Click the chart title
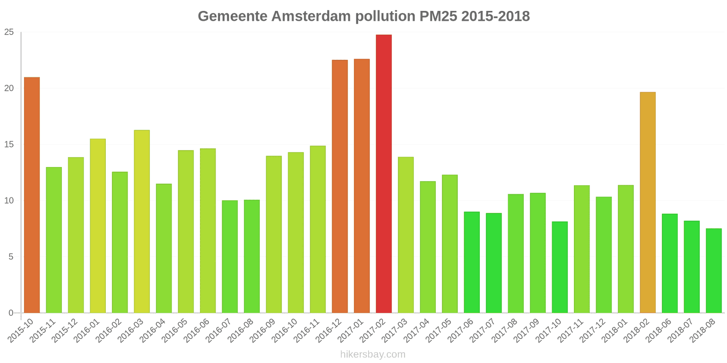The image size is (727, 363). coord(363,16)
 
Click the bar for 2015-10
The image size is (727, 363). coord(32,195)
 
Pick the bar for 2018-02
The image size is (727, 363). coord(647,202)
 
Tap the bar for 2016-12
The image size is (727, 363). coord(340,186)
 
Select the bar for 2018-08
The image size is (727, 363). coord(713,271)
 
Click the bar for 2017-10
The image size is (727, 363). coord(560,267)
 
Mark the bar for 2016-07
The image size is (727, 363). coord(230,257)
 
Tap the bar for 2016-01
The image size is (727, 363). coord(98,226)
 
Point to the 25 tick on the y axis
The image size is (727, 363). coord(9,32)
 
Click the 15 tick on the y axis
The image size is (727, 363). coord(9,145)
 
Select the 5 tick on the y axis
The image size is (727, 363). coord(11,257)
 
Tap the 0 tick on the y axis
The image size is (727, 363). coord(11,313)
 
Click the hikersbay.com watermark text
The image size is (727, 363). coord(373,354)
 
